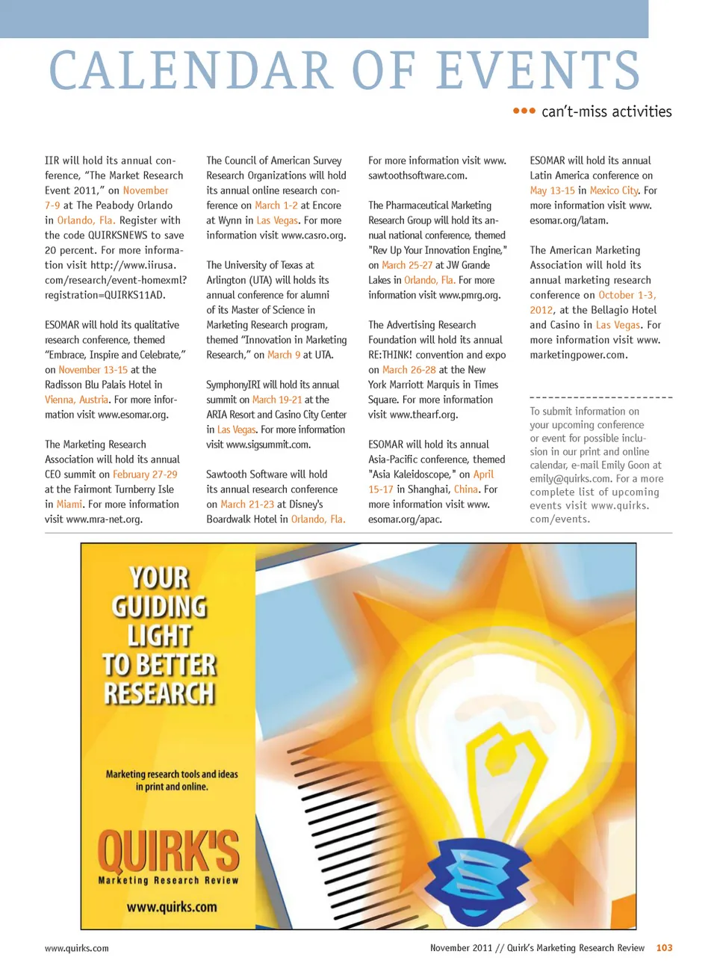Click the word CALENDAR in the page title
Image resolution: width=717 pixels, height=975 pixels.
click(190, 71)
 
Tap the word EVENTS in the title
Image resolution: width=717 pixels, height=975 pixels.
click(538, 71)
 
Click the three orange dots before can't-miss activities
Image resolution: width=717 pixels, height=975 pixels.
click(524, 111)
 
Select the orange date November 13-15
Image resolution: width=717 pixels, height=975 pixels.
click(93, 370)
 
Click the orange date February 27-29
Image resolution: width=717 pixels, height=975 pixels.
click(145, 474)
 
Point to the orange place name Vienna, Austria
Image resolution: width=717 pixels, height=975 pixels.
click(76, 400)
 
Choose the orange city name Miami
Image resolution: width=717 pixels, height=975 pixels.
click(69, 504)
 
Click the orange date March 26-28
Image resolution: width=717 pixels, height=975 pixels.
click(409, 370)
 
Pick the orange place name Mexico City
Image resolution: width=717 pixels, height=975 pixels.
click(614, 191)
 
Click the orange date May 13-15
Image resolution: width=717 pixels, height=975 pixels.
click(552, 191)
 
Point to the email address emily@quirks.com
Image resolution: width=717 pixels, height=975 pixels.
click(570, 479)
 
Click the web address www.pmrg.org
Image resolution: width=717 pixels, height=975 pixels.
click(470, 295)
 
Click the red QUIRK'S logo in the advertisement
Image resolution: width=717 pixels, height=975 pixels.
click(168, 852)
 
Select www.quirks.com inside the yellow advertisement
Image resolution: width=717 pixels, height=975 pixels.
click(172, 907)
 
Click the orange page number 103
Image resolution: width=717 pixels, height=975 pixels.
click(664, 948)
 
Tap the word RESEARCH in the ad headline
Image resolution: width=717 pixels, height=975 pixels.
click(159, 693)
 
